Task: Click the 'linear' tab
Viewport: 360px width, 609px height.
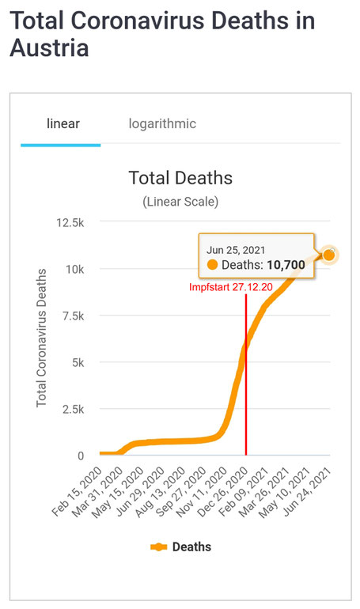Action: (x=63, y=123)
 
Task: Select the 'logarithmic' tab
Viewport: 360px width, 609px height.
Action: (x=162, y=124)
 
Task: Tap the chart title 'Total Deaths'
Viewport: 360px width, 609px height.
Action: (x=180, y=178)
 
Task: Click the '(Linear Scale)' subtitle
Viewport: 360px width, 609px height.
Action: (x=180, y=202)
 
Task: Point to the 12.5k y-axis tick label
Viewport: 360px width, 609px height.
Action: (x=70, y=222)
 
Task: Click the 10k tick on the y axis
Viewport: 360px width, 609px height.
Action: (x=74, y=269)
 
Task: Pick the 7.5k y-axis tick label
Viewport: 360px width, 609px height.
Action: (x=73, y=316)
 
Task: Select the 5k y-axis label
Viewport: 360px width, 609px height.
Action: (x=78, y=362)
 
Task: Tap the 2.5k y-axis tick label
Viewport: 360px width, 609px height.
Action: (x=73, y=409)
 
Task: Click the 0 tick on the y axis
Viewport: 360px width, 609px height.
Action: (x=81, y=456)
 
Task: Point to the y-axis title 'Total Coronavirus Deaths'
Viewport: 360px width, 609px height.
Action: (x=41, y=338)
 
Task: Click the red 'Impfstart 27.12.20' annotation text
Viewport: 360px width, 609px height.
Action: (x=231, y=287)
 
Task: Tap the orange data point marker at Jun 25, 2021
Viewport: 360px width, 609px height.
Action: (x=328, y=255)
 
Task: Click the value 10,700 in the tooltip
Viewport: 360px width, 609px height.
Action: (x=286, y=265)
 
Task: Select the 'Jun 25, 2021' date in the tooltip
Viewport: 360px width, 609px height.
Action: (x=235, y=250)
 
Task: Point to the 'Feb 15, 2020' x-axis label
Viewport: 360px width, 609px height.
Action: (x=77, y=492)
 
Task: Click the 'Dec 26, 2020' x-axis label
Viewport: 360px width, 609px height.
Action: (x=222, y=492)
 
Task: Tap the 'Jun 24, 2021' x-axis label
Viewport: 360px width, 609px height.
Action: (x=306, y=492)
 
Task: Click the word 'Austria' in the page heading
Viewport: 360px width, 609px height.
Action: (x=49, y=48)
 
